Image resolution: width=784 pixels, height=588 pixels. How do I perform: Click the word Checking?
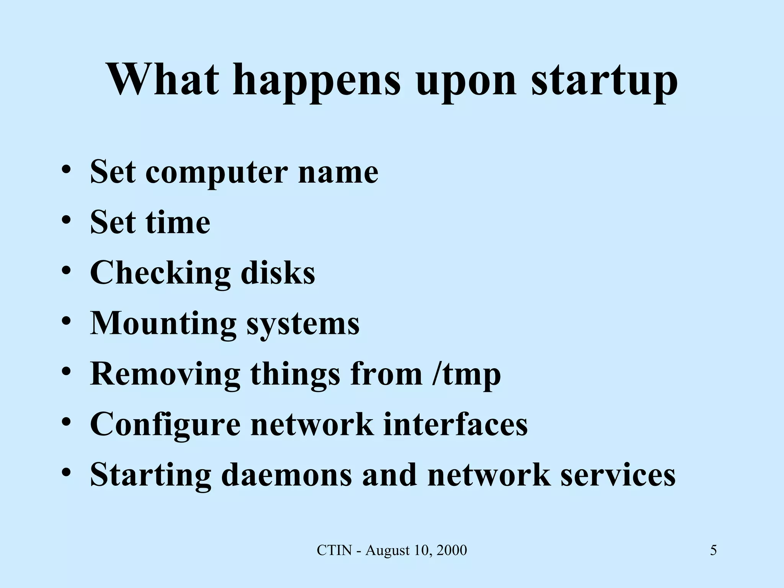click(160, 274)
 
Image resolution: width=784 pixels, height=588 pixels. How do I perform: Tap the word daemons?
click(286, 475)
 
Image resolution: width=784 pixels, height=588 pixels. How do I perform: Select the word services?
click(618, 475)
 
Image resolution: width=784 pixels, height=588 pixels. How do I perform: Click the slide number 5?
click(714, 550)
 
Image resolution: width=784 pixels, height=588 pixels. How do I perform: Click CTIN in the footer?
click(334, 550)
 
